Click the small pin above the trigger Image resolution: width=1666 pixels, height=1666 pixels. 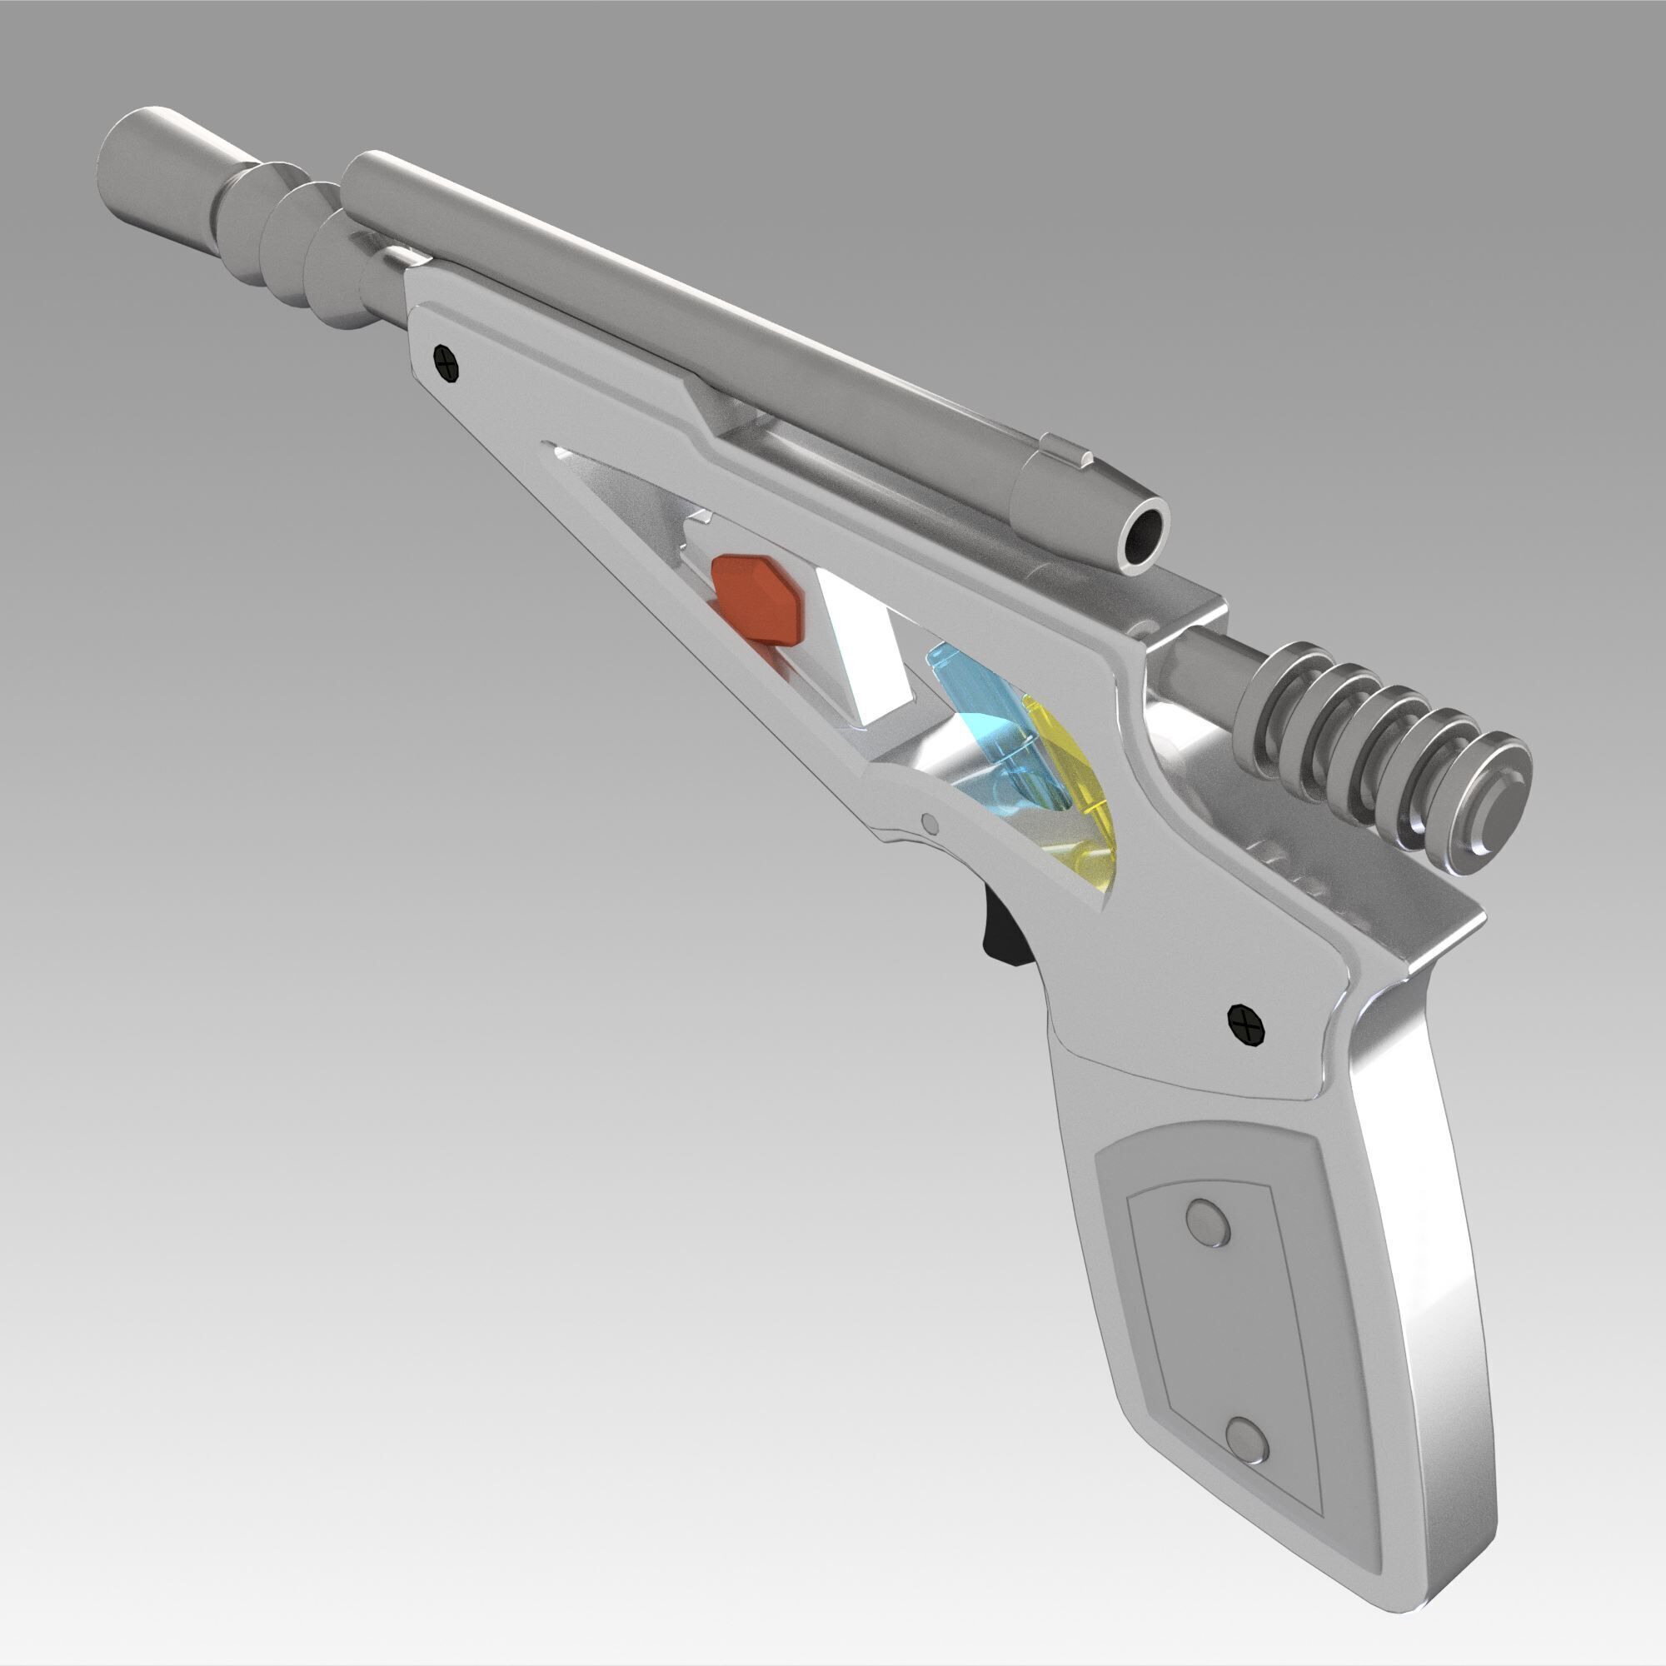(x=929, y=823)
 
